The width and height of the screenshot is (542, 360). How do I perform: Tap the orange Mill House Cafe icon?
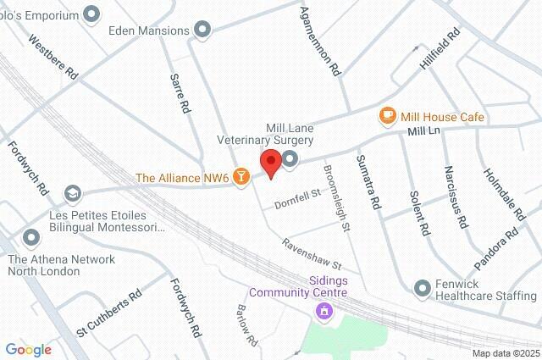pyautogui.click(x=387, y=115)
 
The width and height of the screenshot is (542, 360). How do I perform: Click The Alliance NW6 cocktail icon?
pyautogui.click(x=241, y=176)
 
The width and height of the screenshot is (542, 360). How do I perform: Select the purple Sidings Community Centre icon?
pyautogui.click(x=322, y=312)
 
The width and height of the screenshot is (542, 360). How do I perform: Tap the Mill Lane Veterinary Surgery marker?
pyautogui.click(x=290, y=159)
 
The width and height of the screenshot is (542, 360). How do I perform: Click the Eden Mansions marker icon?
pyautogui.click(x=202, y=31)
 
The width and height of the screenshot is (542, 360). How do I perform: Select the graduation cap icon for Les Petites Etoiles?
pyautogui.click(x=73, y=194)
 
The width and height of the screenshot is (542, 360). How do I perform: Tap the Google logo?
pyautogui.click(x=28, y=349)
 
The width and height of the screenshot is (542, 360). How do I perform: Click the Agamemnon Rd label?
pyautogui.click(x=320, y=42)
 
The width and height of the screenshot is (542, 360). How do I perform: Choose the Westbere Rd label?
pyautogui.click(x=53, y=57)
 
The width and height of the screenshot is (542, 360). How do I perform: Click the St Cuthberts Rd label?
pyautogui.click(x=109, y=313)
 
